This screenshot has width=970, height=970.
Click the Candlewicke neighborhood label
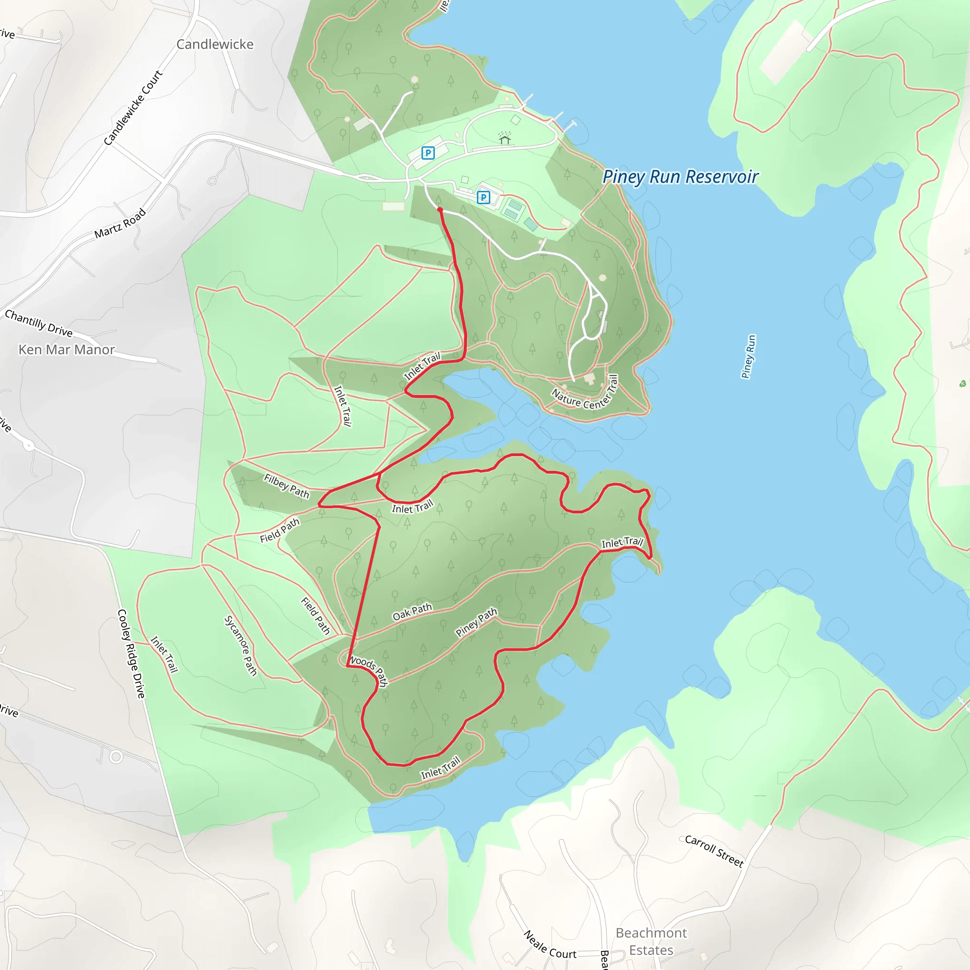click(215, 44)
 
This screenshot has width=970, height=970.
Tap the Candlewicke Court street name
click(133, 108)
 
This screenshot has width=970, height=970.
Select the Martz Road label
click(120, 224)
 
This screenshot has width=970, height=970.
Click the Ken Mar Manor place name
click(67, 350)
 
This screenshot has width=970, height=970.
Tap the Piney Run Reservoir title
click(680, 177)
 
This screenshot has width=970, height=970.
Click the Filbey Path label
click(287, 485)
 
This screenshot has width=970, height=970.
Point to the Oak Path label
click(412, 611)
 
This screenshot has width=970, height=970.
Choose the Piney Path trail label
click(476, 621)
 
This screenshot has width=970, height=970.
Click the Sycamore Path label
click(241, 646)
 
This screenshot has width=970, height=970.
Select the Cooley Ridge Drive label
click(131, 653)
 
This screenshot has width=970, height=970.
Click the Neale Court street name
click(550, 945)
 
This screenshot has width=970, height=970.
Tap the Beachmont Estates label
click(651, 942)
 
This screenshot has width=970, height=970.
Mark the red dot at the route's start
click(440, 209)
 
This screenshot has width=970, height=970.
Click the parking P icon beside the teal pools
click(483, 198)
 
